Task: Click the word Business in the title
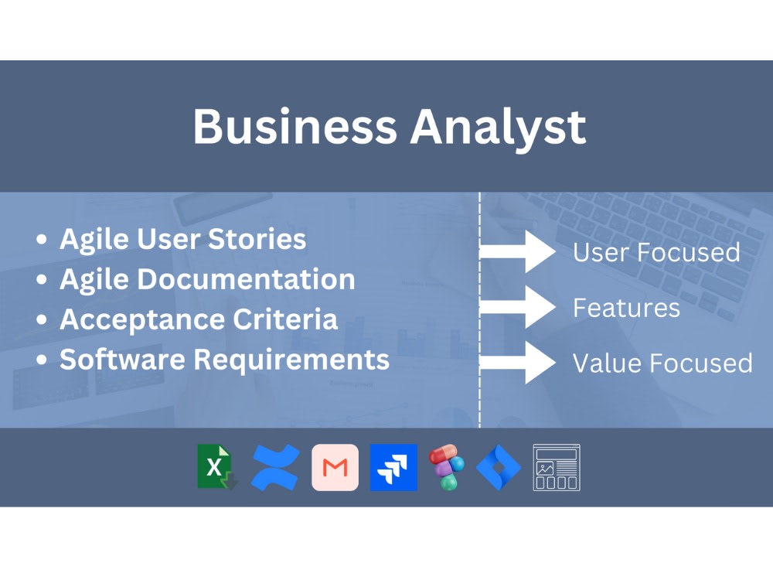click(x=295, y=126)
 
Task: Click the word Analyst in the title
click(x=498, y=126)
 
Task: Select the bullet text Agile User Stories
click(x=183, y=239)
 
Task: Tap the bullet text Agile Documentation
click(x=207, y=279)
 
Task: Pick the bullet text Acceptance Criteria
click(x=199, y=319)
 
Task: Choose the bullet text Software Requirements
click(x=224, y=360)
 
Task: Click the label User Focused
click(x=656, y=252)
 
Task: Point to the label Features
click(x=626, y=308)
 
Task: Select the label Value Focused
click(x=662, y=363)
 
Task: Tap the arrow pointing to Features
click(x=518, y=307)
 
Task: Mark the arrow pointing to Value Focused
click(x=518, y=363)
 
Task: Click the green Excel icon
click(x=217, y=467)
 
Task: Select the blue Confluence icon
click(x=276, y=468)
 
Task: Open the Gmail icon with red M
click(x=335, y=468)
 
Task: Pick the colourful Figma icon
click(x=447, y=467)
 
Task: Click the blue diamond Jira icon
click(x=499, y=468)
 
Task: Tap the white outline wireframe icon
click(x=557, y=467)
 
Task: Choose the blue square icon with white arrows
click(x=393, y=468)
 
